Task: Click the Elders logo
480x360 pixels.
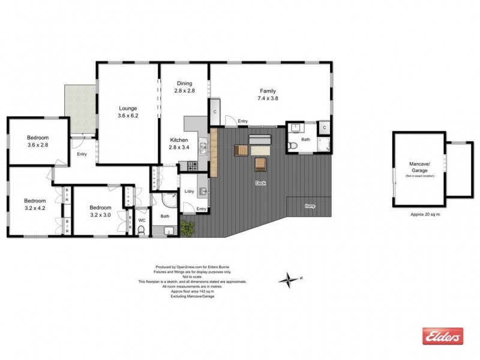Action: [x=443, y=336]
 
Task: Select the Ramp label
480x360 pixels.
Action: [x=310, y=206]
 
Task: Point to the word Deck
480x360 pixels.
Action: [x=260, y=183]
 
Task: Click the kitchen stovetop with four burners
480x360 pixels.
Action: [x=193, y=166]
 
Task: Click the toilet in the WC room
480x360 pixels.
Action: [x=142, y=229]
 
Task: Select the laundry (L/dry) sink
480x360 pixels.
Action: [x=203, y=191]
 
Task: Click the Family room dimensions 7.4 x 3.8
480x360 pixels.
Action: [x=268, y=98]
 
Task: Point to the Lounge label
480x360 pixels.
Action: [x=128, y=108]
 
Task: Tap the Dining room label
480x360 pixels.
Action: [x=184, y=83]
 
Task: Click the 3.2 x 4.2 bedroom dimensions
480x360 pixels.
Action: [x=34, y=208]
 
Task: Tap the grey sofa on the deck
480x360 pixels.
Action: [x=260, y=141]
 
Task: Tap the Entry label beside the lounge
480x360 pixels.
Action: [x=82, y=154]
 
